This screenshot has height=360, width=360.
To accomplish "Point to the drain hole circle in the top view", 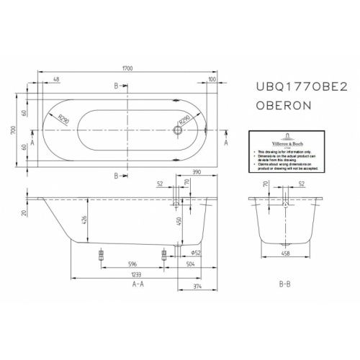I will click(176, 131).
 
